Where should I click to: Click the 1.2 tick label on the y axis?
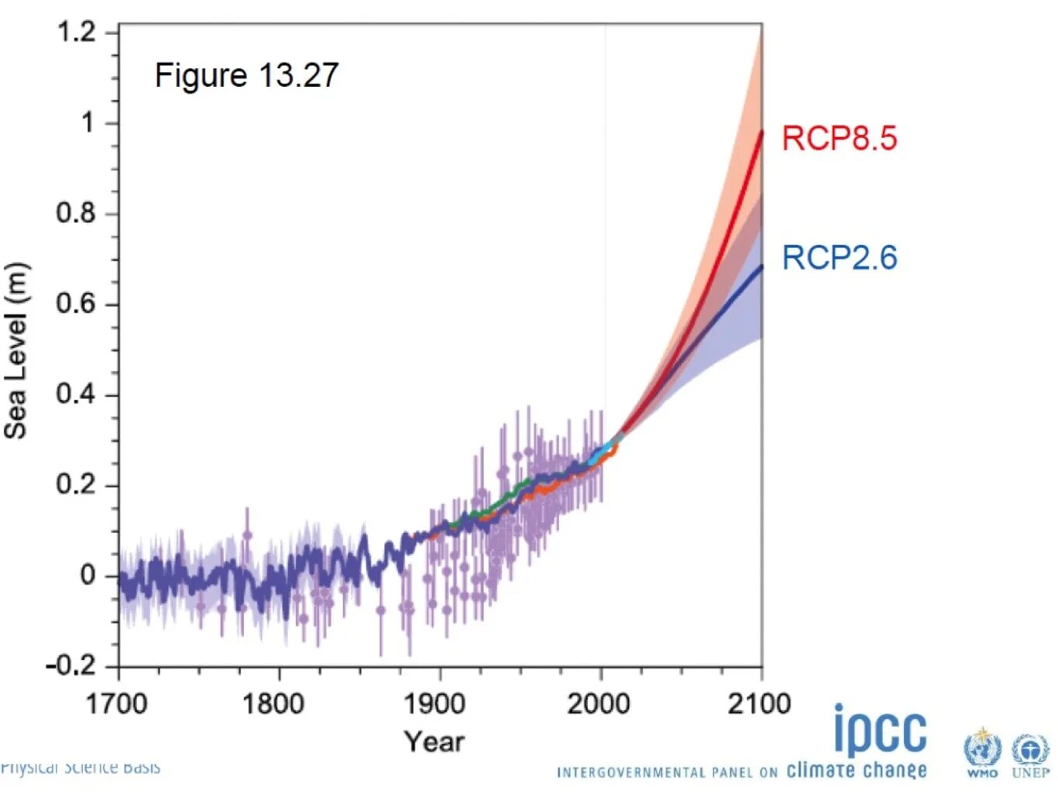[x=76, y=33]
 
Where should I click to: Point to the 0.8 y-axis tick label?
[x=76, y=213]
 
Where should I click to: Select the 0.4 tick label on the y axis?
[x=76, y=394]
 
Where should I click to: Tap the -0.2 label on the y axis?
[x=70, y=665]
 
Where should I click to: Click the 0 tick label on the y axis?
[x=88, y=575]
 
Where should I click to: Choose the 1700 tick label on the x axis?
[x=116, y=704]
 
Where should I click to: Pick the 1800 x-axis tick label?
[x=273, y=704]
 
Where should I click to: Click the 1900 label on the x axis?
[x=435, y=704]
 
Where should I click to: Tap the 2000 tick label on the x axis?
[x=598, y=704]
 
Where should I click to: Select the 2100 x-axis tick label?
[x=759, y=704]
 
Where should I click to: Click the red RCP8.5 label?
[x=839, y=139]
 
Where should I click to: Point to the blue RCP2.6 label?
[x=839, y=258]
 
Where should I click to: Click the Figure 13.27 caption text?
[x=246, y=76]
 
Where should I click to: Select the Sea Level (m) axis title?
[x=16, y=351]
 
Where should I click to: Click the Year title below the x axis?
[x=435, y=742]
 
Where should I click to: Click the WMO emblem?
[x=982, y=752]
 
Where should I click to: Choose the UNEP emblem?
[x=1030, y=752]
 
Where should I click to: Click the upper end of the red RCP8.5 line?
[x=761, y=132]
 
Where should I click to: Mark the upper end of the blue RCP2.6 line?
[x=761, y=266]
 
